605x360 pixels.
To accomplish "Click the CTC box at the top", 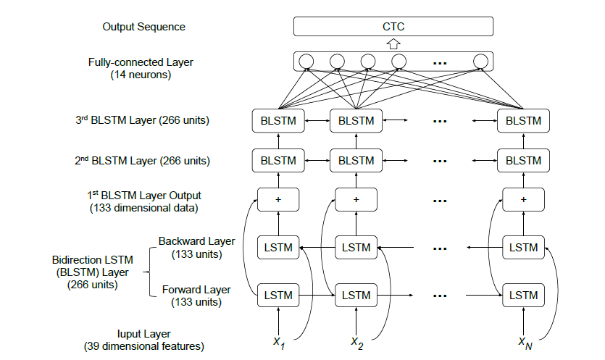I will pyautogui.click(x=393, y=27).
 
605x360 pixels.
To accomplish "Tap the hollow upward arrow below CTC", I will pyautogui.click(x=393, y=44).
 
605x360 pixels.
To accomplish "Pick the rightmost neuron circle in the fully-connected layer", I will pyautogui.click(x=480, y=61).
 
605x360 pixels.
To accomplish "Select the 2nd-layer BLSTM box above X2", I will pyautogui.click(x=356, y=160).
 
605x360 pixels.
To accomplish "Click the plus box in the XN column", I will pyautogui.click(x=524, y=198).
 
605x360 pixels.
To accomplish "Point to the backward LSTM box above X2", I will pyautogui.click(x=356, y=248).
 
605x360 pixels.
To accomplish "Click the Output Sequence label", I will pyautogui.click(x=144, y=27).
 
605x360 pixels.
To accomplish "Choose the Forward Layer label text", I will pyautogui.click(x=196, y=290).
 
